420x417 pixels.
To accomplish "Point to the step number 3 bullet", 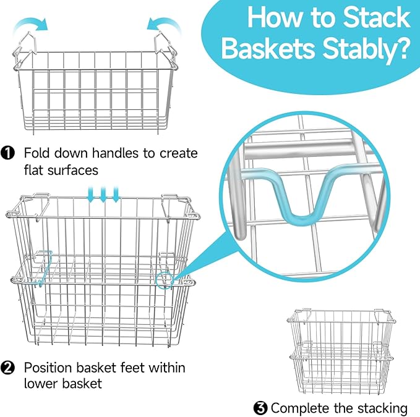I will [x=260, y=407].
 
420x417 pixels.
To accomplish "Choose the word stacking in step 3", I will [x=382, y=408].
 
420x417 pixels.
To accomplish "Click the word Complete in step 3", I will [x=297, y=408].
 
